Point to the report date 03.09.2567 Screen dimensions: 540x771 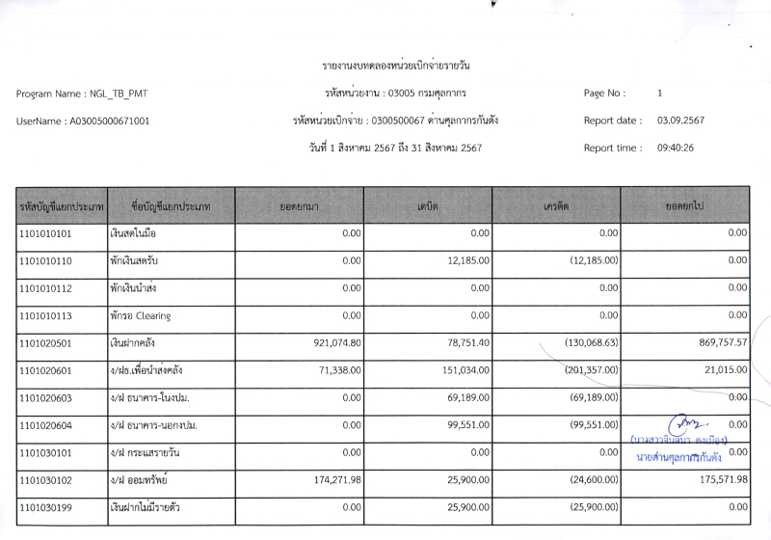click(x=681, y=121)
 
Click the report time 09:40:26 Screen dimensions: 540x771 click(x=676, y=148)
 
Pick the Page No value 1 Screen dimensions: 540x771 click(x=659, y=94)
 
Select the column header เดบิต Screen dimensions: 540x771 click(x=429, y=206)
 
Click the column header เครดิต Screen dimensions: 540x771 click(x=556, y=206)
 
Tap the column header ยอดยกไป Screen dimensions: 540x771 click(x=684, y=206)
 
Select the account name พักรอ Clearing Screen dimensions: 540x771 click(x=141, y=315)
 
